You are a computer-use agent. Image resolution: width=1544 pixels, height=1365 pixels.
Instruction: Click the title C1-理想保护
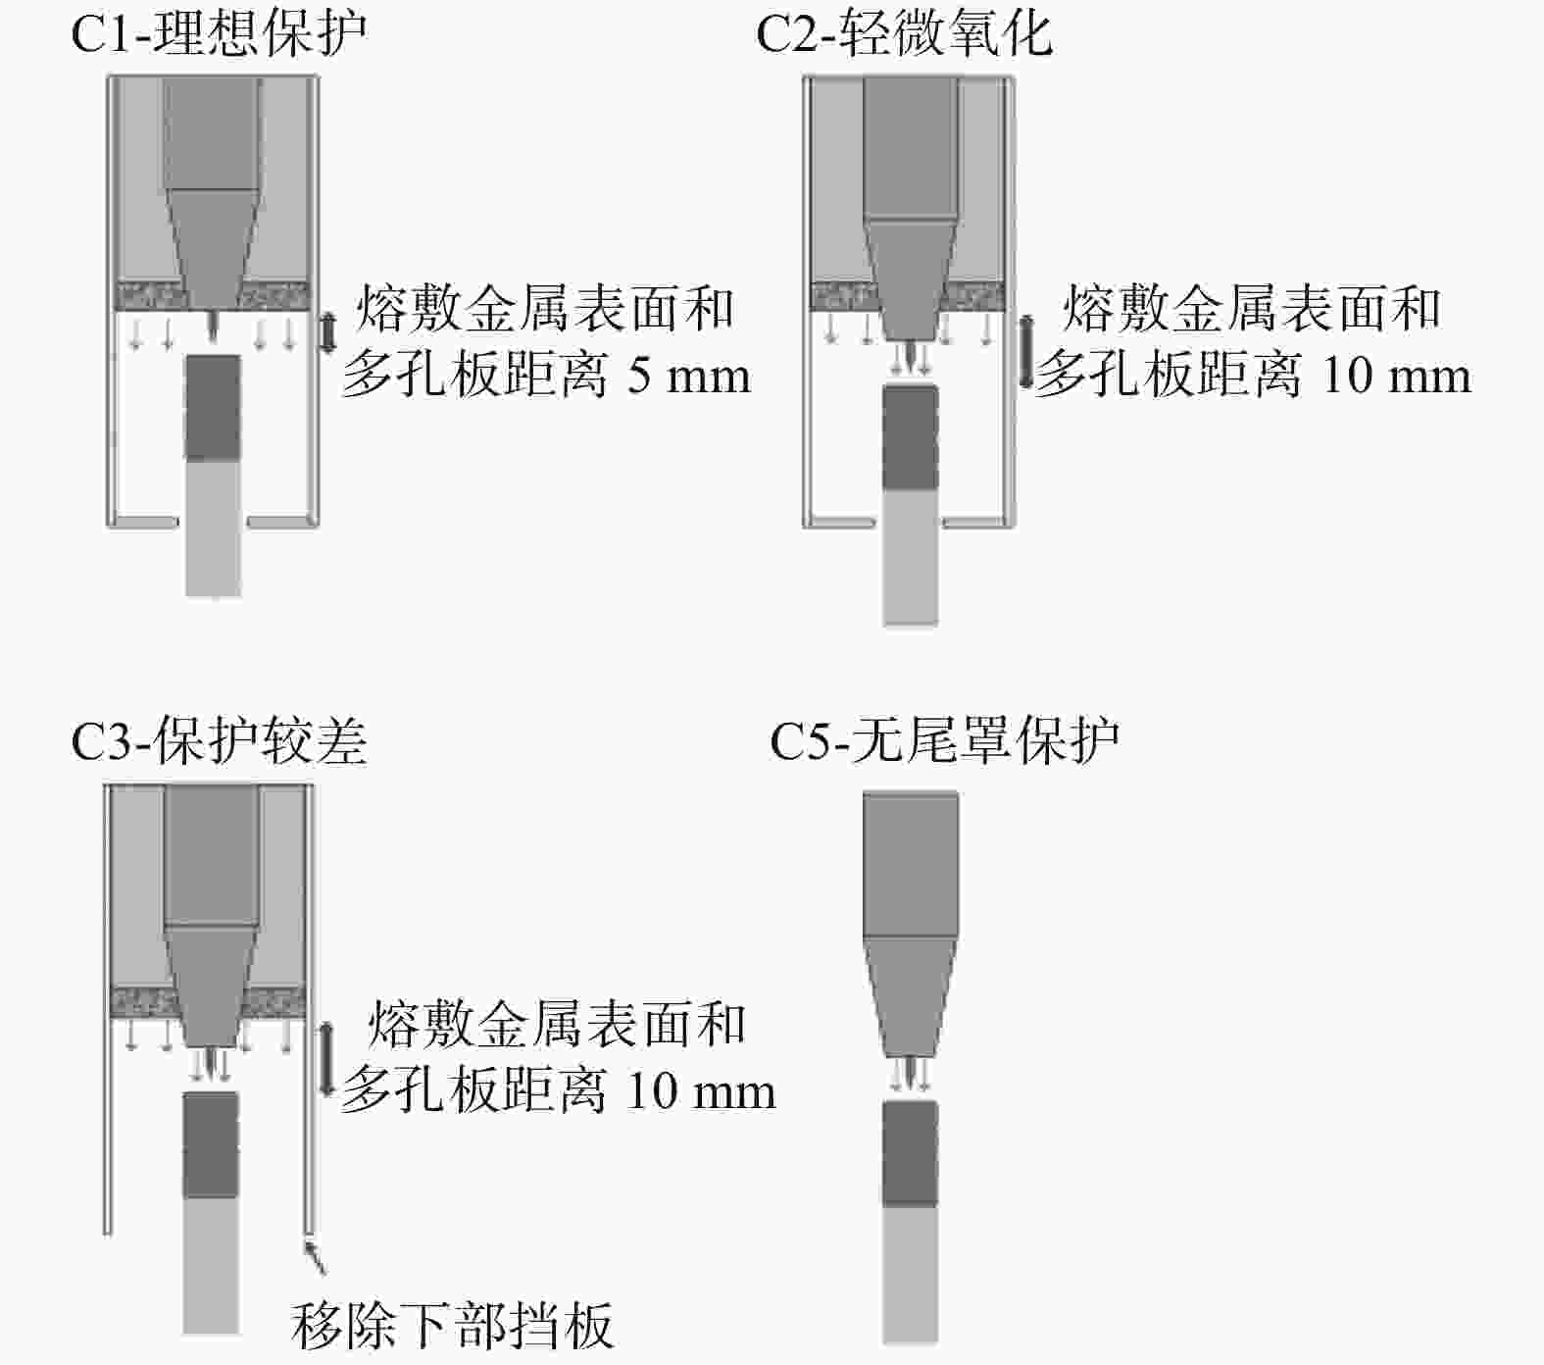point(219,33)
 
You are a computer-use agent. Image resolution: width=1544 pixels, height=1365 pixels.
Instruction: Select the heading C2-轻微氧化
point(904,33)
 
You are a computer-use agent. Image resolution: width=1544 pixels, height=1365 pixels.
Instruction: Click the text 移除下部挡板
point(452,1325)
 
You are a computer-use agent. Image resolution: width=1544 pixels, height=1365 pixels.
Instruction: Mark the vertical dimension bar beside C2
point(1025,351)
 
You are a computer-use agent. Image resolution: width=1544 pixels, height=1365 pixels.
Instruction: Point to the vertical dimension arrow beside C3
point(326,1059)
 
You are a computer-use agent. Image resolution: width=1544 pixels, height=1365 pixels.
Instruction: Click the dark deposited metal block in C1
point(213,407)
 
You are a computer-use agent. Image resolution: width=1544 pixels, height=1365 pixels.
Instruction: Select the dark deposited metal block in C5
point(910,1153)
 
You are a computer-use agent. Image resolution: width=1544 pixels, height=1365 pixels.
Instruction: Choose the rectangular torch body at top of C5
point(910,863)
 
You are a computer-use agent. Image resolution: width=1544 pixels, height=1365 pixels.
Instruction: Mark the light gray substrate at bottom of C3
point(212,1265)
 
